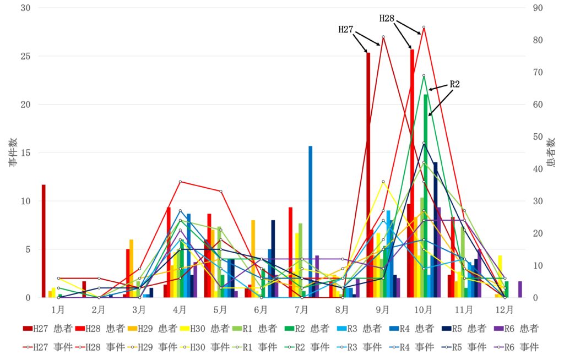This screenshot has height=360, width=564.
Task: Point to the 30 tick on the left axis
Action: click(x=26, y=8)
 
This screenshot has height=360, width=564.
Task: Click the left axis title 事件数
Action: click(x=13, y=152)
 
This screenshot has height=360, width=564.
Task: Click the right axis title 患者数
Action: click(x=552, y=152)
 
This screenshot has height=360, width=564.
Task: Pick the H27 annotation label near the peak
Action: click(x=345, y=29)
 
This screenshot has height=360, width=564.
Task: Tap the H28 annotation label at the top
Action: click(x=387, y=18)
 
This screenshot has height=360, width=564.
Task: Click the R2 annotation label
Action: click(x=455, y=84)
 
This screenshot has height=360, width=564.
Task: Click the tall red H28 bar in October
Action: click(x=412, y=173)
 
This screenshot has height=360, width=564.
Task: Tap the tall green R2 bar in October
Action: click(x=426, y=195)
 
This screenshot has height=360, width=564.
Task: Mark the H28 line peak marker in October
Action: click(x=424, y=27)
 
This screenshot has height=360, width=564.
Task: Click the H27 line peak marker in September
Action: click(x=383, y=37)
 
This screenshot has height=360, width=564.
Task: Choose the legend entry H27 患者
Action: click(x=46, y=329)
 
